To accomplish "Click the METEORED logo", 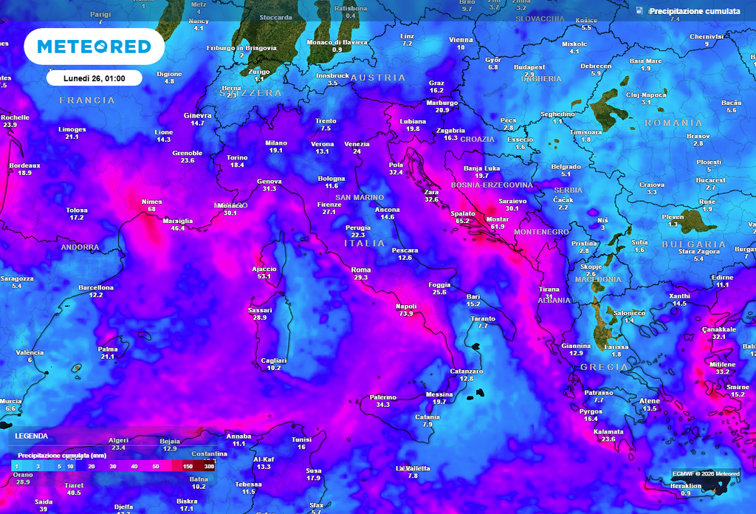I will tap(94, 47).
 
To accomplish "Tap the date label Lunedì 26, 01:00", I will tap(93, 78).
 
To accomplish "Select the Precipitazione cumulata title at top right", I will tap(694, 11).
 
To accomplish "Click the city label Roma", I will tap(361, 270).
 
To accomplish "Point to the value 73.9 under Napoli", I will tap(406, 314).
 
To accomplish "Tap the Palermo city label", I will tap(383, 397).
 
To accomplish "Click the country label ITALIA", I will tap(365, 243).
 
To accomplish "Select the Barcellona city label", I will tap(96, 287).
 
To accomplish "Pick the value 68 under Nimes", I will tap(151, 209).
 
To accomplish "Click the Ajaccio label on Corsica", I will tap(264, 269).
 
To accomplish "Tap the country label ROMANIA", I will tap(673, 123).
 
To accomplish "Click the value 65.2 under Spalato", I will tap(463, 220).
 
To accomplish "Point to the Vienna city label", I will tap(461, 40).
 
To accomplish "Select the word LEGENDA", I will tap(32, 436).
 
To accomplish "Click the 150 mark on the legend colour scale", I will tap(188, 467).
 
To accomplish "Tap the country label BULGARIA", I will tap(693, 244).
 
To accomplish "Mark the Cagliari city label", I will tap(274, 360).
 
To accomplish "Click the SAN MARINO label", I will tap(360, 197).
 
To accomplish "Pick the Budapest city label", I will tap(529, 67).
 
